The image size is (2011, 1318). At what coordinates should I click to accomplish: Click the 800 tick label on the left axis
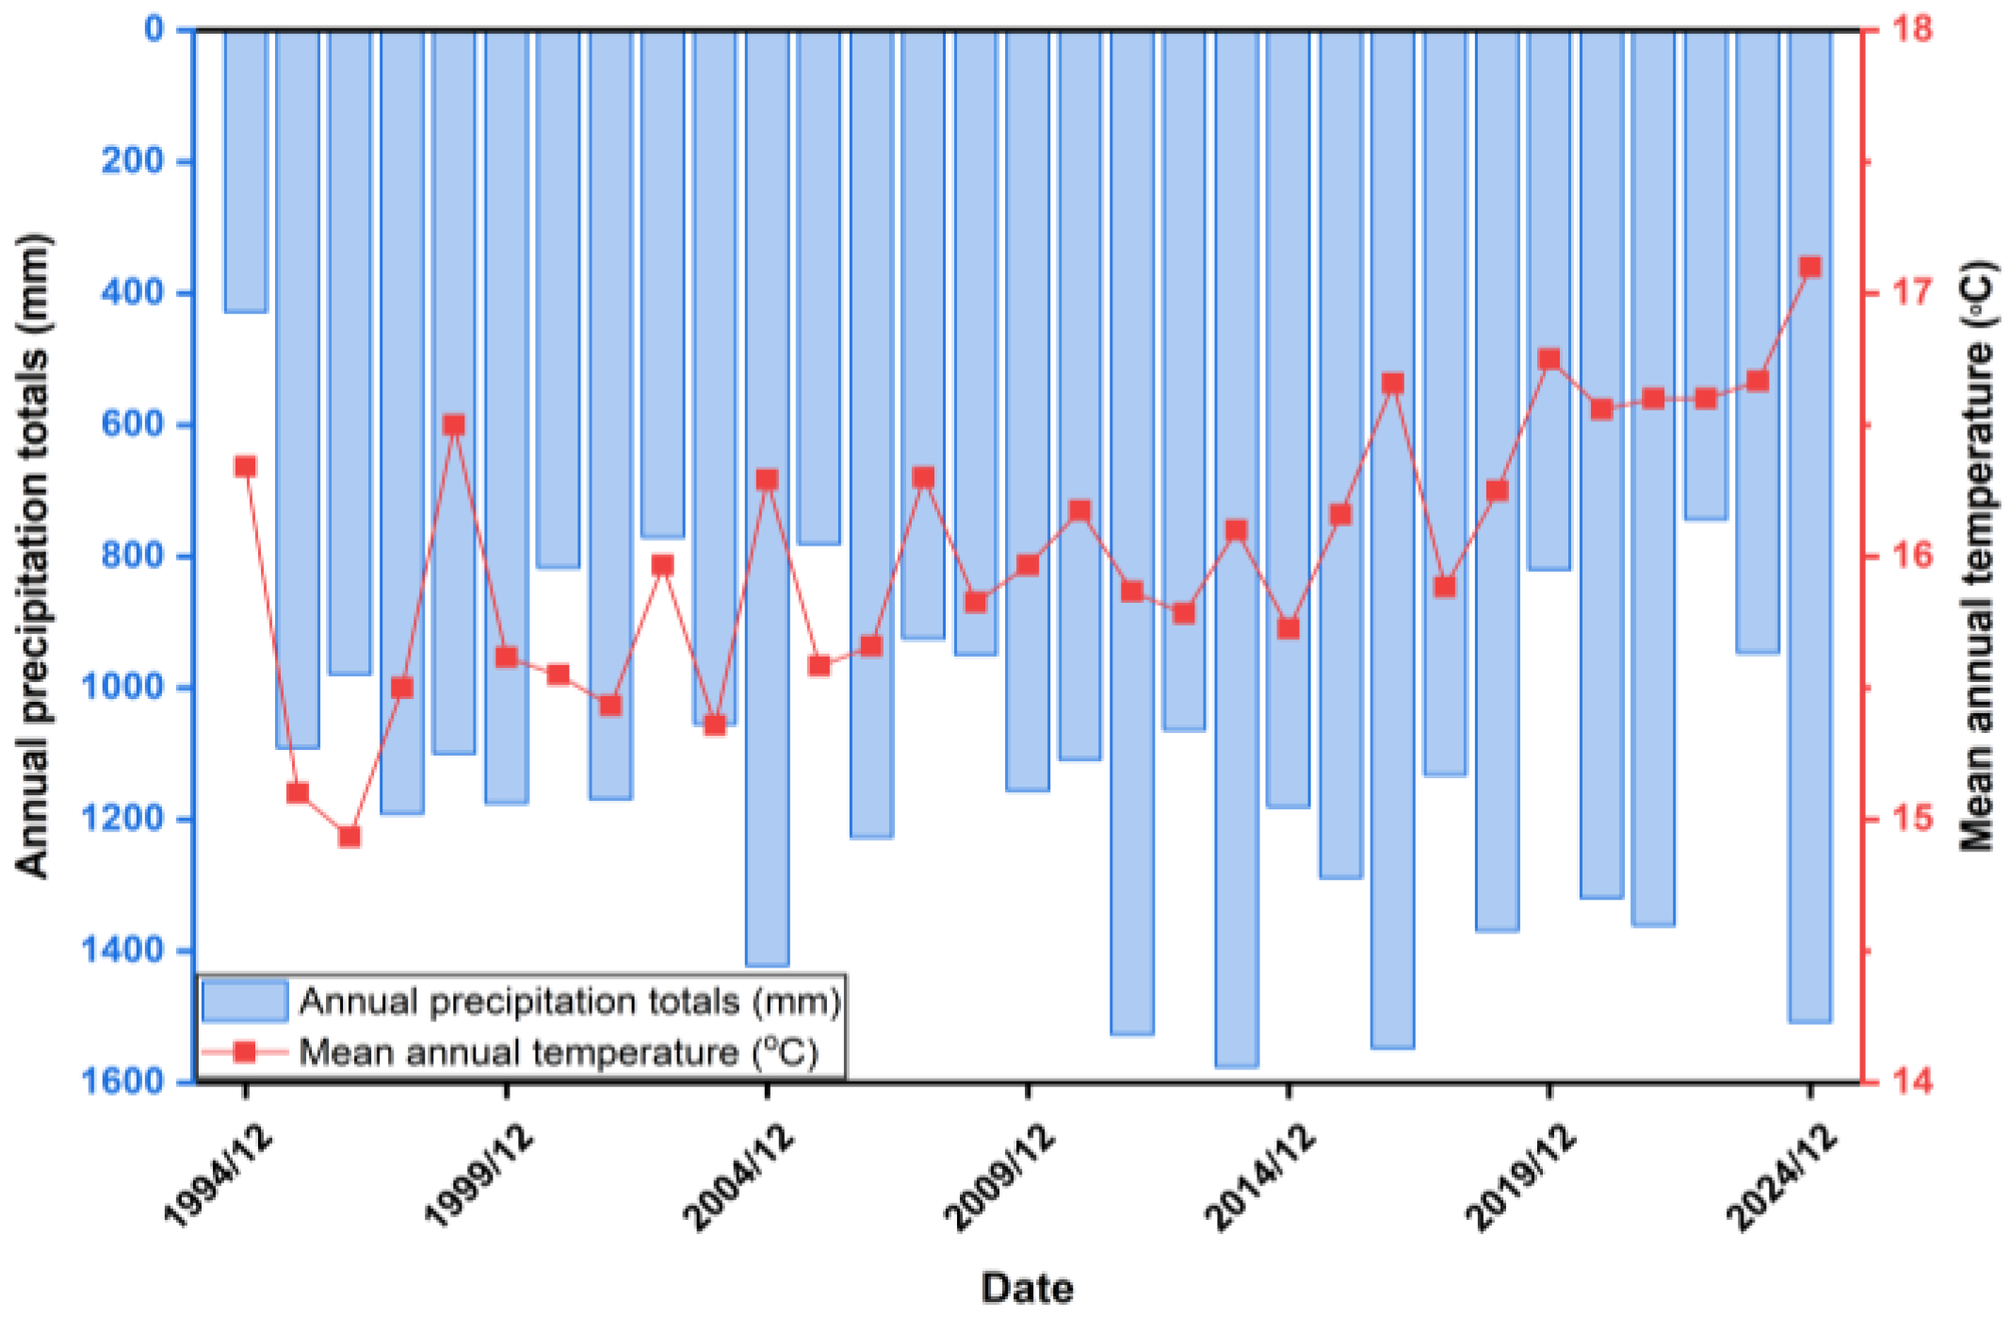tap(132, 556)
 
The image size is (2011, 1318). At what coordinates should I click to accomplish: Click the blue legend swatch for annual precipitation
tap(245, 1001)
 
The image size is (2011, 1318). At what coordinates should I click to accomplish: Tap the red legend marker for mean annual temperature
tap(245, 1051)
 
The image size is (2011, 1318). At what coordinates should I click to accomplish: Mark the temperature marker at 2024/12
tap(1809, 268)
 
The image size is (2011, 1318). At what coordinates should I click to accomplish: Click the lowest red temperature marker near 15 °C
tap(349, 836)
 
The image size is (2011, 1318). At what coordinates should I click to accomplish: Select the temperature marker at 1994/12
tap(246, 467)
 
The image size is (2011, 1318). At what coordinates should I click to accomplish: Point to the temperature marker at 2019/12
tap(1549, 360)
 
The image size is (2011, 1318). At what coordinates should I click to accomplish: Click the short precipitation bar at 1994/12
tap(246, 170)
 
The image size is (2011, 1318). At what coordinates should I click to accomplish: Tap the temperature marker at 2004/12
tap(768, 480)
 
